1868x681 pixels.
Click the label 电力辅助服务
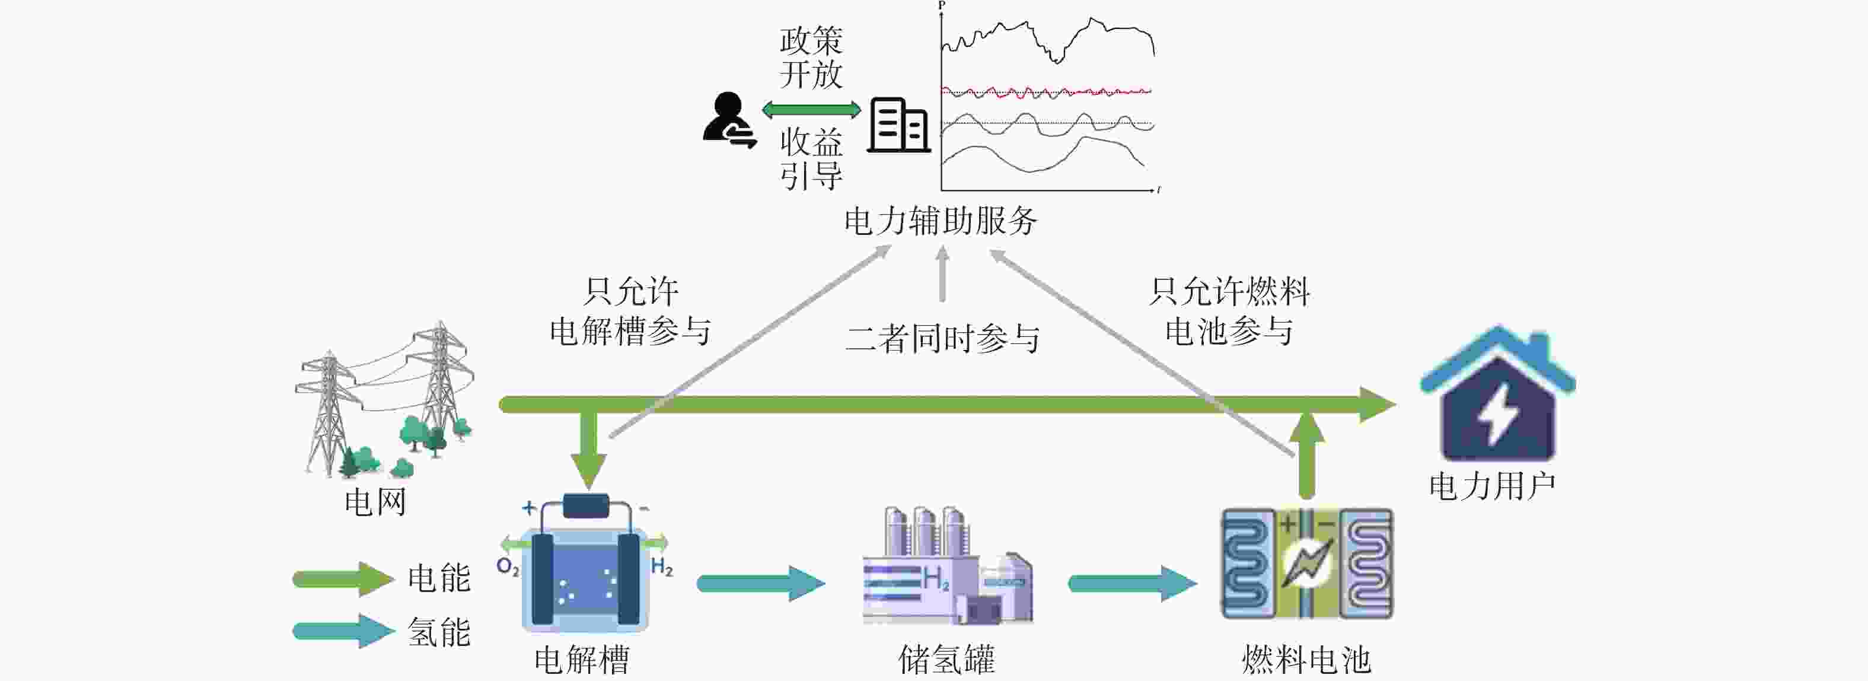point(941,221)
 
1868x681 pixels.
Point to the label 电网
point(375,502)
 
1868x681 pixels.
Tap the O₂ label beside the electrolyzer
point(508,567)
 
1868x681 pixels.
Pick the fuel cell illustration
point(1307,564)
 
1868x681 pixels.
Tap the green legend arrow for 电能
point(343,579)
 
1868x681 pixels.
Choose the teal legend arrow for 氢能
point(343,631)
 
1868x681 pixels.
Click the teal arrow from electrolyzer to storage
point(761,583)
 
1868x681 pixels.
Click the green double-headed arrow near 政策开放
point(811,110)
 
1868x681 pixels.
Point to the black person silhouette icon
point(729,120)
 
